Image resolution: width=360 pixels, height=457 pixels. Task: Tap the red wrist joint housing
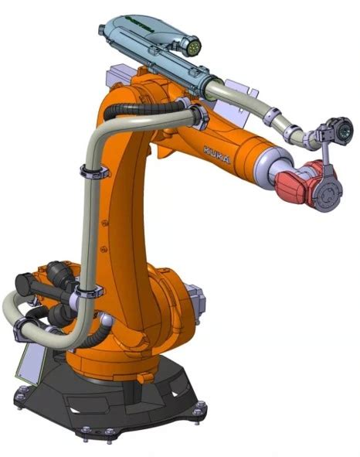coord(294,182)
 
